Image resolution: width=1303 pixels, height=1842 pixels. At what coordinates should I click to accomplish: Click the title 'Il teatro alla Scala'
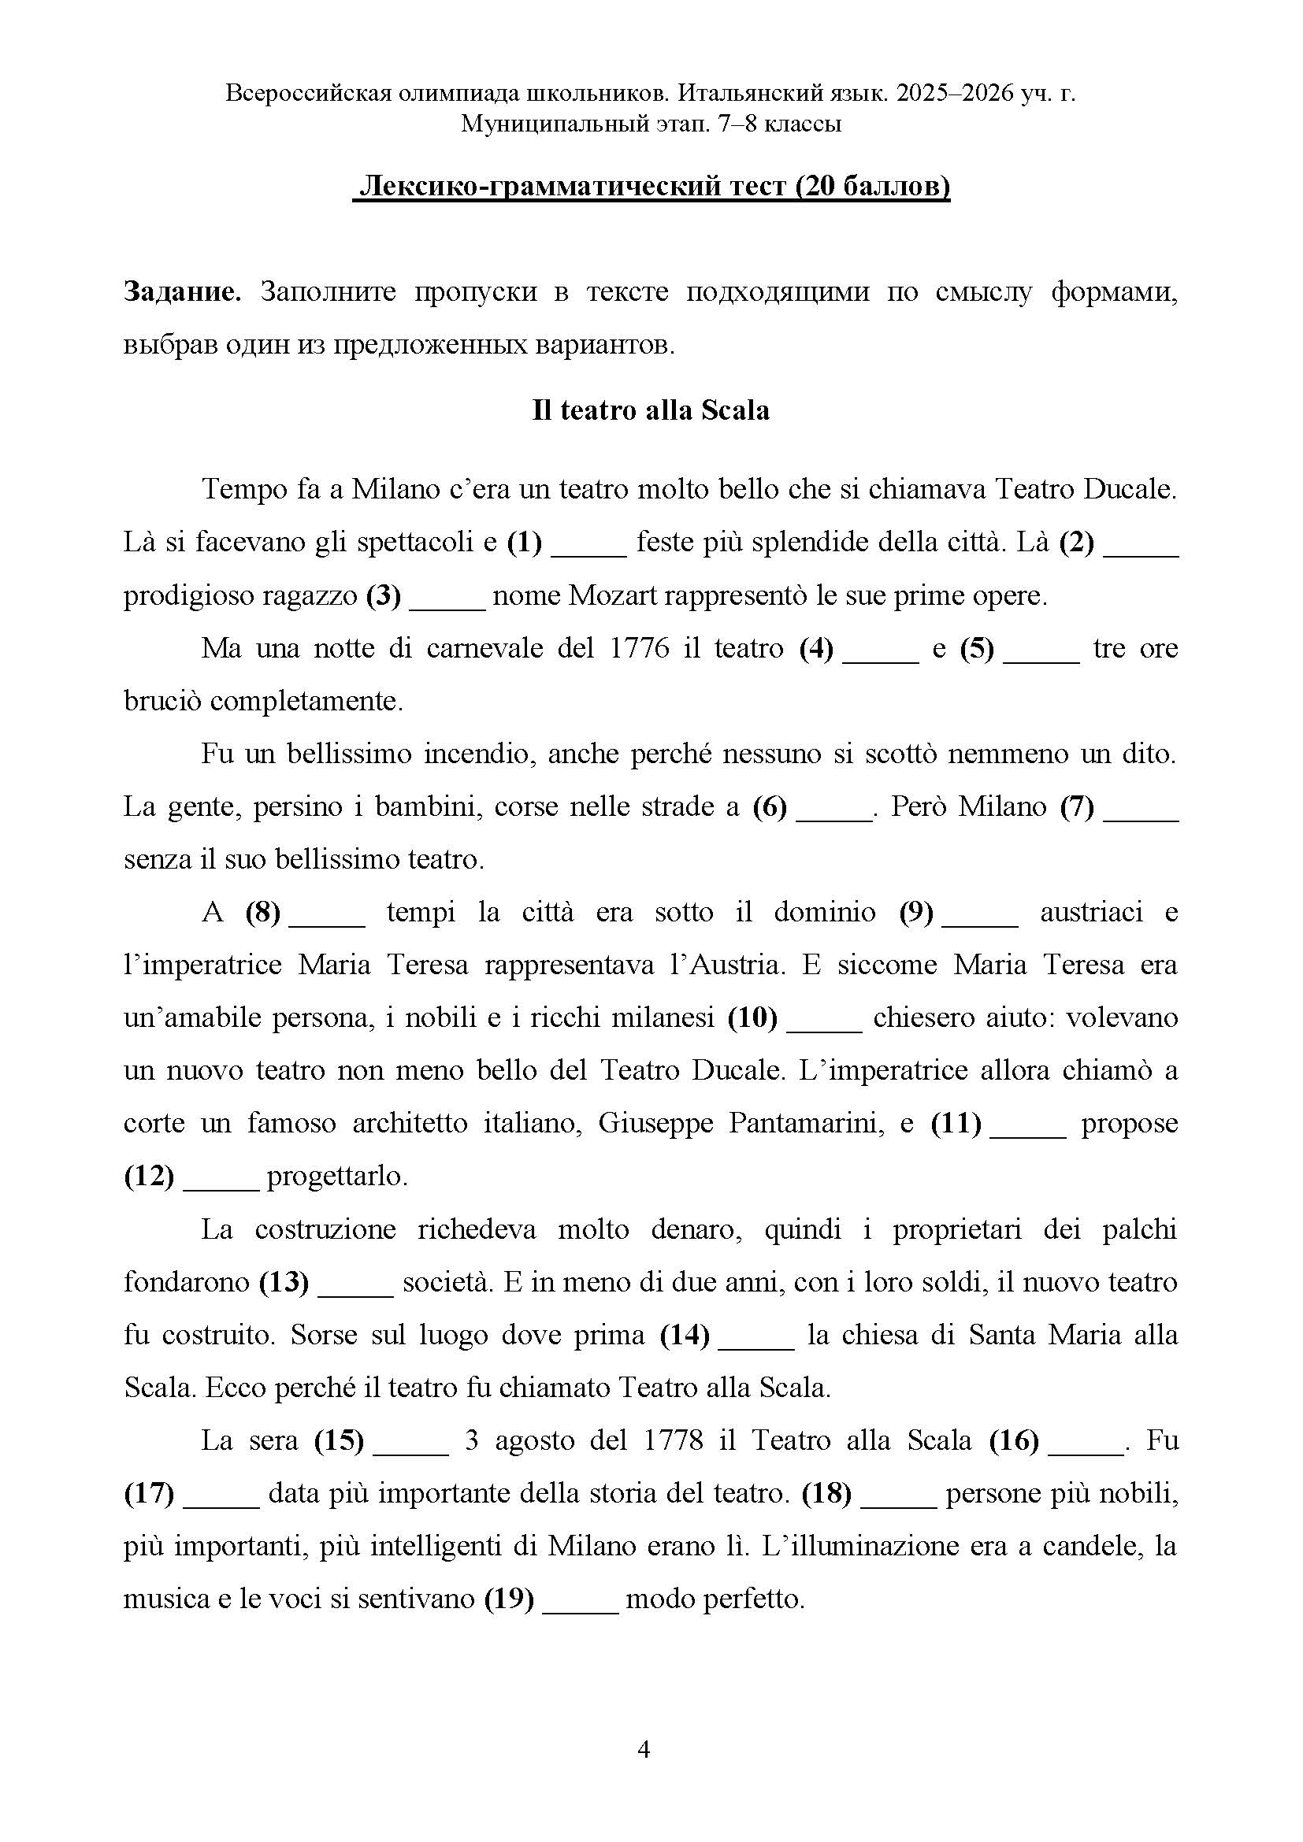pyautogui.click(x=651, y=411)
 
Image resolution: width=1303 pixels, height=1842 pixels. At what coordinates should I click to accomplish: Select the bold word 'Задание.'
pyautogui.click(x=182, y=292)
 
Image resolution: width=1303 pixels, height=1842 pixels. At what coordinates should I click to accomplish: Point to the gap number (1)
pyautogui.click(x=525, y=543)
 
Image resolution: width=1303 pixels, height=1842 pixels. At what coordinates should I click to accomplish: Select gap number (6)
pyautogui.click(x=770, y=807)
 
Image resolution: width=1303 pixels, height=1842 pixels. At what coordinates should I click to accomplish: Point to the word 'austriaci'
pyautogui.click(x=1091, y=913)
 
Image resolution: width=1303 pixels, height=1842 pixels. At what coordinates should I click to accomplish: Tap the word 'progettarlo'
pyautogui.click(x=337, y=1177)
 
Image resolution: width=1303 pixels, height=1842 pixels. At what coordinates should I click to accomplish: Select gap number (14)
pyautogui.click(x=685, y=1336)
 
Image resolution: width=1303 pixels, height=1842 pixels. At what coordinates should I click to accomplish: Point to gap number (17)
pyautogui.click(x=149, y=1494)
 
